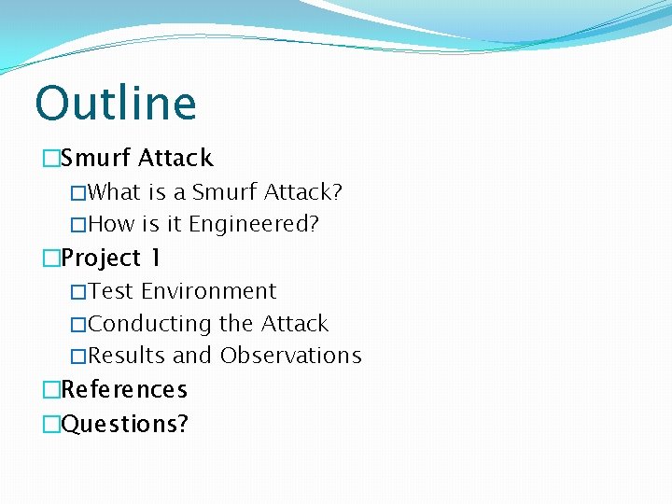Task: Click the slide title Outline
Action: pos(116,103)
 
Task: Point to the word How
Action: pos(112,224)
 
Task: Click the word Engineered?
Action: pos(254,224)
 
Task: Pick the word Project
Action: pos(101,258)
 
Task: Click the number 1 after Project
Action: pos(155,258)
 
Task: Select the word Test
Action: pos(111,291)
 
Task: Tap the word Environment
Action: pos(209,291)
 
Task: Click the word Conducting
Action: pos(150,324)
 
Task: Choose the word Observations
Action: pos(290,356)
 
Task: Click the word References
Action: pos(124,389)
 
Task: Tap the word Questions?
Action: pos(124,424)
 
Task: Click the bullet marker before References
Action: pos(50,390)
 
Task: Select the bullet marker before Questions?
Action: pos(50,425)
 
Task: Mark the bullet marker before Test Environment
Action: pos(78,292)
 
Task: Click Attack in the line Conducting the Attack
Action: pos(295,324)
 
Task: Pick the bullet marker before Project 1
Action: pos(50,259)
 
